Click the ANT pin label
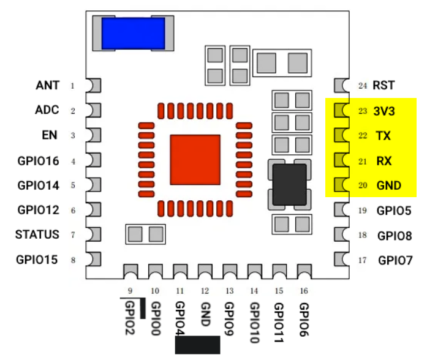point(47,85)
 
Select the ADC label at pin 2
point(47,110)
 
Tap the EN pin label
point(51,135)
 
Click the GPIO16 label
point(38,161)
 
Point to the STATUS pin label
point(37,234)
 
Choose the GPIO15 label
point(37,260)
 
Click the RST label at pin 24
point(384,86)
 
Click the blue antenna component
point(133,33)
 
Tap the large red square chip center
point(195,159)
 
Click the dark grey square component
point(289,184)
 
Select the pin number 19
point(362,211)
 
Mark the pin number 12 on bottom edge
point(205,291)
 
